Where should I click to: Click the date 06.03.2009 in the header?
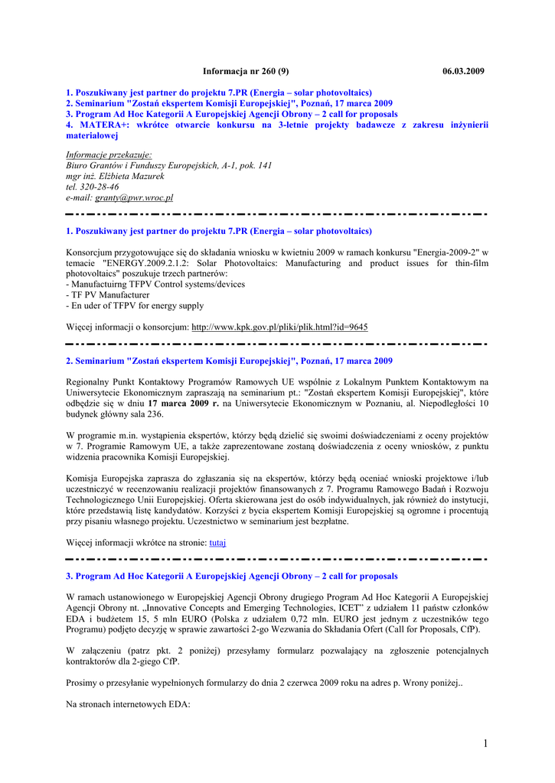(463, 71)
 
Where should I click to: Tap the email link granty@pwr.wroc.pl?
(134, 197)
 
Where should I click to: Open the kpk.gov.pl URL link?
(279, 327)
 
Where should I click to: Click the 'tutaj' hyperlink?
(217, 542)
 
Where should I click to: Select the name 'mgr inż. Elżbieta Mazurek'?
(115, 176)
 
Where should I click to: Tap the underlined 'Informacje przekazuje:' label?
(109, 154)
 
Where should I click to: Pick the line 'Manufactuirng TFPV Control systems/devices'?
(158, 284)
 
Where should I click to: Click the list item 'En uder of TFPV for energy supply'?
(137, 305)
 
